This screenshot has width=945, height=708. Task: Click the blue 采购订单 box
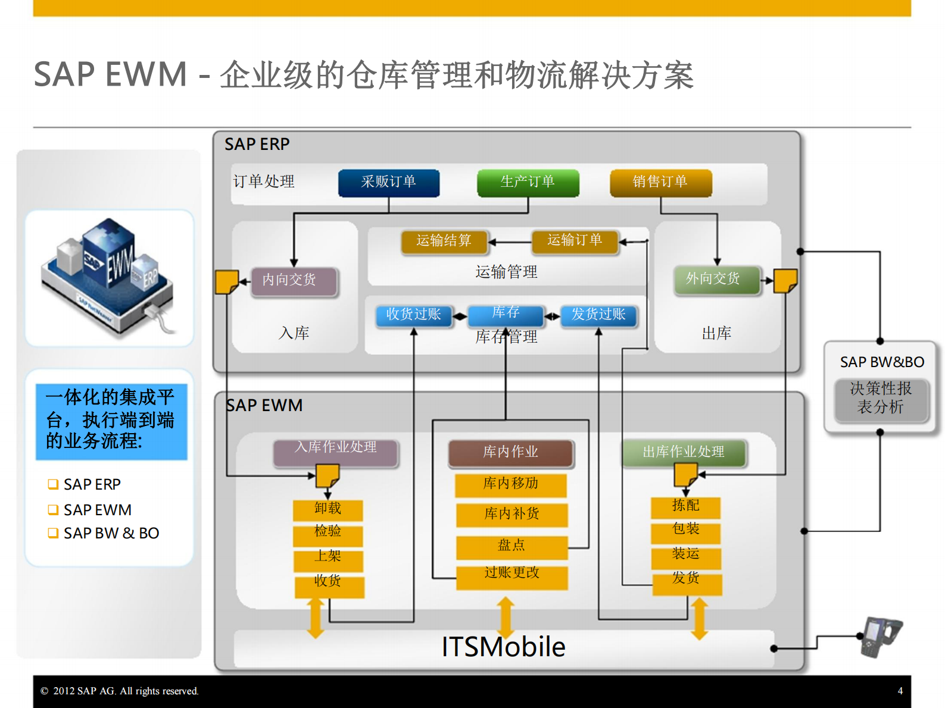(388, 182)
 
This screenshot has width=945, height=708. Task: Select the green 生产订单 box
(528, 182)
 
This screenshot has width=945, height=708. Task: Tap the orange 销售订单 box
(660, 182)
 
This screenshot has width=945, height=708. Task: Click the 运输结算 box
(444, 241)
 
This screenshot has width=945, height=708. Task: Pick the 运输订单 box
(575, 240)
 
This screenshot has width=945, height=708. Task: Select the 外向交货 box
(716, 279)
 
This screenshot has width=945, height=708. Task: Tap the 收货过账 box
(414, 315)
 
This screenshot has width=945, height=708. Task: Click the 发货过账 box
(598, 315)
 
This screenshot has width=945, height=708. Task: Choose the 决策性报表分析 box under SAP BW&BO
(881, 399)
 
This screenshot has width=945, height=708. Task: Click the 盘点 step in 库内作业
(512, 546)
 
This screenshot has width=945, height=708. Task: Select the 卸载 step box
(328, 509)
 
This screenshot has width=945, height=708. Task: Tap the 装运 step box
(685, 555)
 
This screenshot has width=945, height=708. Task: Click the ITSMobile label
(503, 647)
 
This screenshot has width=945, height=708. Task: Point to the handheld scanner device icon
(881, 635)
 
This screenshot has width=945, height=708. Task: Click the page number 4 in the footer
(900, 691)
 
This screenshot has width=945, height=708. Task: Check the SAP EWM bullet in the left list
(97, 510)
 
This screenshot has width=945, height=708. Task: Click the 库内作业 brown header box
(511, 452)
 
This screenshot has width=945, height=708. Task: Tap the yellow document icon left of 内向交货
(226, 282)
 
